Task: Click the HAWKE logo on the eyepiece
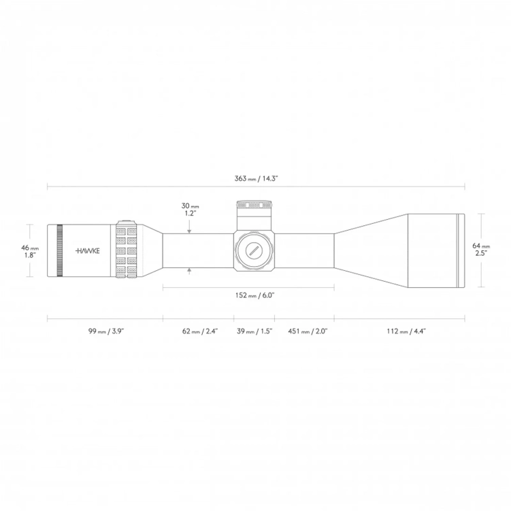pos(88,250)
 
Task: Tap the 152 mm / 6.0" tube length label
pos(255,296)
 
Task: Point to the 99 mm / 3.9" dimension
pos(105,331)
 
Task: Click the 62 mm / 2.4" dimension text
pos(199,331)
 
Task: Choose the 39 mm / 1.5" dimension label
pos(254,331)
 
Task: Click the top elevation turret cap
pos(254,205)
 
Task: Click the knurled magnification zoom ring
pos(127,250)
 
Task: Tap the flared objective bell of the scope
pos(371,250)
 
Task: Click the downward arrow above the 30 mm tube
pos(190,231)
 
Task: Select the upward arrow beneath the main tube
pos(190,270)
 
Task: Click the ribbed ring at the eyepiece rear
pos(60,250)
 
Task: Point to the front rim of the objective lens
pos(461,250)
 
